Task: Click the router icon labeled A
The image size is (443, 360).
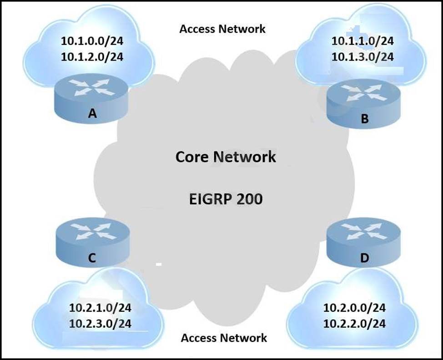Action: pos(93,89)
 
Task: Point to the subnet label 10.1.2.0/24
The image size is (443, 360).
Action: pos(92,56)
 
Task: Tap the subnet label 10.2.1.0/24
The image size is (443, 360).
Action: pos(100,308)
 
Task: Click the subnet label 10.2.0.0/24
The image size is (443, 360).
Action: pos(354,308)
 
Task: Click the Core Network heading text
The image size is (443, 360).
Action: pos(226,157)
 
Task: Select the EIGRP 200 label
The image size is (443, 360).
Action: pos(226,199)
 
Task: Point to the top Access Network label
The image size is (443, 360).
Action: pos(222,29)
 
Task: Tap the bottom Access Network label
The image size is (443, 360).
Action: pos(224,338)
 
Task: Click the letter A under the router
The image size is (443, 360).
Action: pos(93,114)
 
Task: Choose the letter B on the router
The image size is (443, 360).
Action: pos(364,120)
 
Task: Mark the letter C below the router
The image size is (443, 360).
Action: pos(91,258)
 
